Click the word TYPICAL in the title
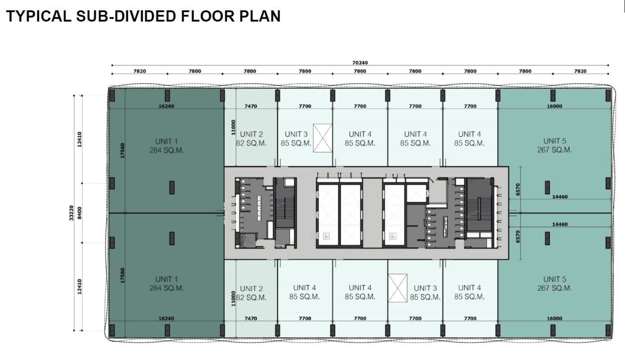(39, 16)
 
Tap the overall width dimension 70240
(360, 63)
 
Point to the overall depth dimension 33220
(71, 213)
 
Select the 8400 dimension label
(80, 213)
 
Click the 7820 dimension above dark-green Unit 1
(139, 71)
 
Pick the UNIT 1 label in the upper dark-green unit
(166, 141)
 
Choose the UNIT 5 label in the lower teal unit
(555, 279)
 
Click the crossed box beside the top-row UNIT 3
(323, 138)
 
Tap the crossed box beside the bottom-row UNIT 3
(398, 288)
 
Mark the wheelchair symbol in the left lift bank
(326, 236)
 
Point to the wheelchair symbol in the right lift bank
(393, 236)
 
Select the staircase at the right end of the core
(479, 208)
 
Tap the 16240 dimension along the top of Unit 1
(166, 106)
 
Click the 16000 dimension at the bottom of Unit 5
(554, 318)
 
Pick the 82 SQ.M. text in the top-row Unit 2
(251, 143)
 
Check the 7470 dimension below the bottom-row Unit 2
(251, 318)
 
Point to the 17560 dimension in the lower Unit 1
(123, 276)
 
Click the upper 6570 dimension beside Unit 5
(518, 189)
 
